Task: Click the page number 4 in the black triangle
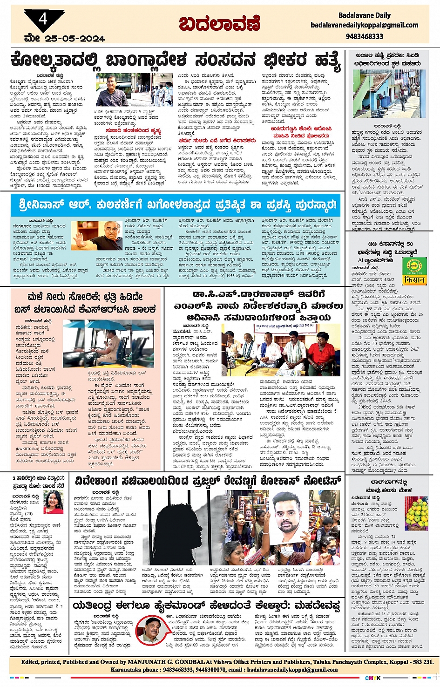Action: pos(43,19)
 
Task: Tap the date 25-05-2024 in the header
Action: pos(75,39)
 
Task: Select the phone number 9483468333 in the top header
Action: pos(365,36)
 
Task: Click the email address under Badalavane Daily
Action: pos(365,25)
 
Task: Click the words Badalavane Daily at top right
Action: pos(365,15)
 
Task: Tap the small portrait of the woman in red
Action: pos(54,502)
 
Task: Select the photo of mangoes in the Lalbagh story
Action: pos(416,513)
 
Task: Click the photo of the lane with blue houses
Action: pos(389,93)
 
